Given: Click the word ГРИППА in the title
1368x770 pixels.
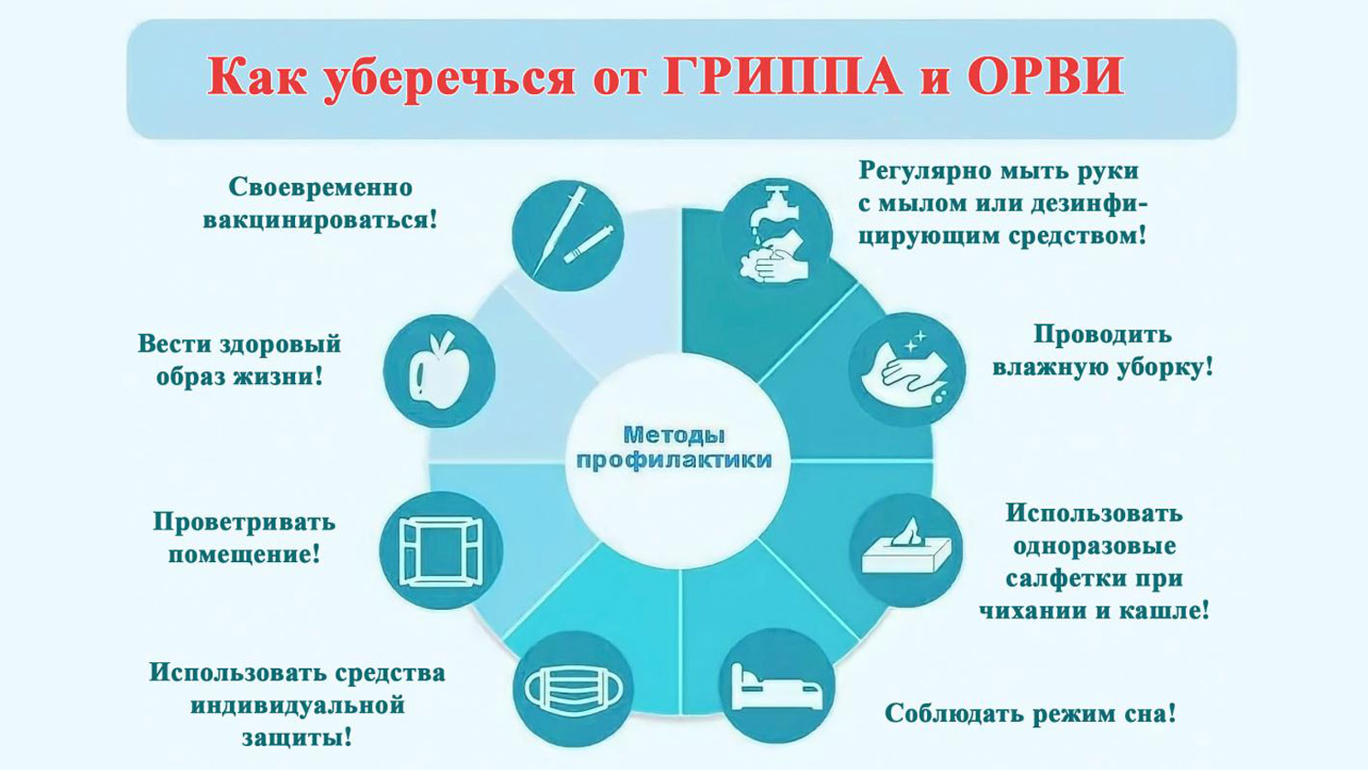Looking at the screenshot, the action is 783,78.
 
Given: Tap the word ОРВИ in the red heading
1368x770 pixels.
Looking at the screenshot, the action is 1046,77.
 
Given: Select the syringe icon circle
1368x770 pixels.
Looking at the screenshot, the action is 568,236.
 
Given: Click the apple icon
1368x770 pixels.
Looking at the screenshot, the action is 439,370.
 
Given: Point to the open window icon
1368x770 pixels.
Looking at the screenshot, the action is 440,552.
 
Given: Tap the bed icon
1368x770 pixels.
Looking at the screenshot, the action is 776,688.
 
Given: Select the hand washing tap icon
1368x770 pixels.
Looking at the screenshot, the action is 775,234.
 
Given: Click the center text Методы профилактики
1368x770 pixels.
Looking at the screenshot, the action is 675,448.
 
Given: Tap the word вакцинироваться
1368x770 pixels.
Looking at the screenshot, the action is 320,220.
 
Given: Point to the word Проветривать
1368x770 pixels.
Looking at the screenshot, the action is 245,524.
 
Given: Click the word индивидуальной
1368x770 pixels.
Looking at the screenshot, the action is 298,706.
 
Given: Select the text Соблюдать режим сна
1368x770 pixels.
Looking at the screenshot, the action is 1030,714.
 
